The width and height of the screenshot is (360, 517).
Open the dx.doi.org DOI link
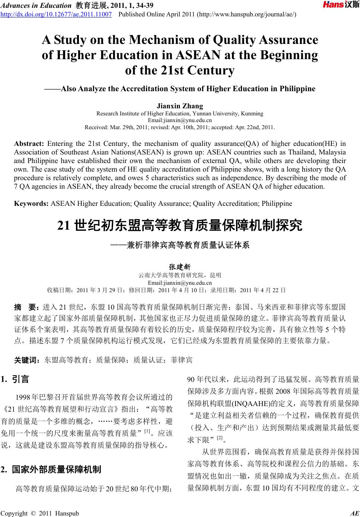point(56,15)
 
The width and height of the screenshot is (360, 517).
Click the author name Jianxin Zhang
point(180,106)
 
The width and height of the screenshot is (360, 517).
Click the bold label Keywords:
point(31,204)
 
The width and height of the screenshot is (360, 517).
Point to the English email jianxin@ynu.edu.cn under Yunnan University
point(180,120)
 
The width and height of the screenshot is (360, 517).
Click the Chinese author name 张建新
point(180,267)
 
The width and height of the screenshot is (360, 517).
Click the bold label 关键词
point(26,360)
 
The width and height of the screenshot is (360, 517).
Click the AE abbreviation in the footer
point(355,513)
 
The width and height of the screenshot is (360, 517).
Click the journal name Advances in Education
point(35,5)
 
